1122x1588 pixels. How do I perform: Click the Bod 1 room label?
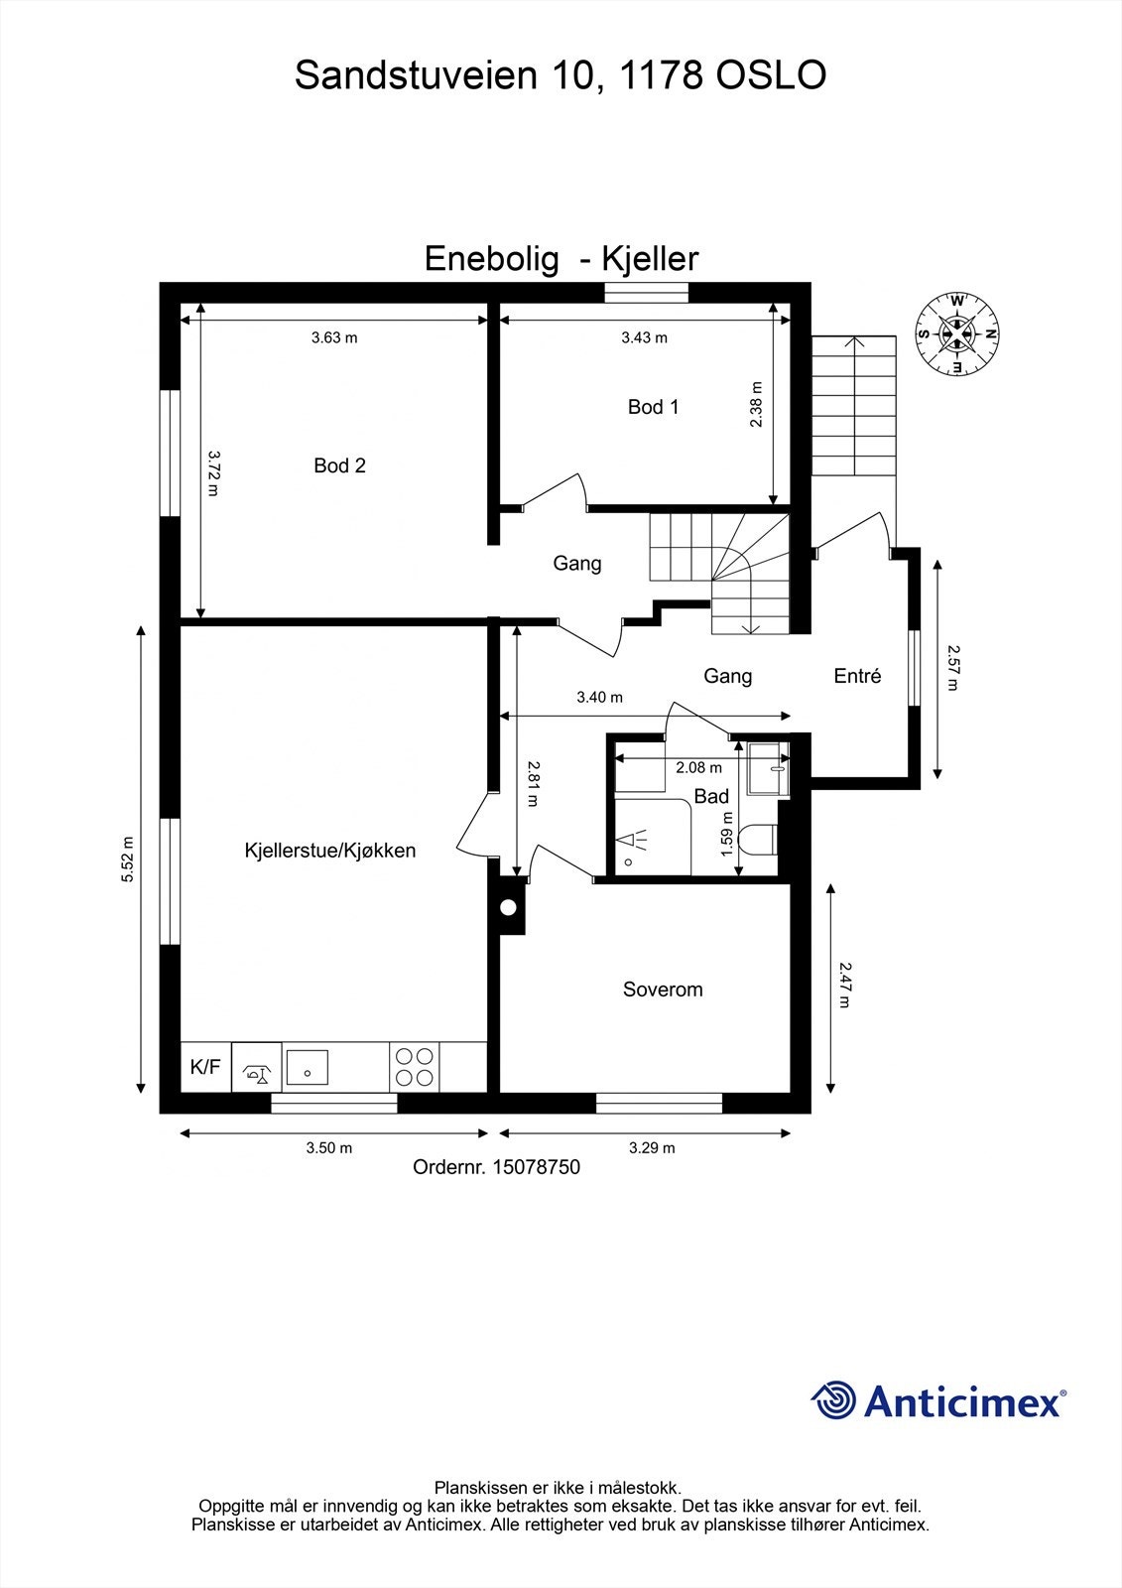[653, 407]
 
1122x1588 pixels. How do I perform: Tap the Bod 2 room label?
[339, 465]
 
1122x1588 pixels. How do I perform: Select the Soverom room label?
[662, 990]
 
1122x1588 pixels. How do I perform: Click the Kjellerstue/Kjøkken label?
[329, 851]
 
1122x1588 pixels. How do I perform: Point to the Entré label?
[857, 676]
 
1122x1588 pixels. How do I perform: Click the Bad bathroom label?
[710, 796]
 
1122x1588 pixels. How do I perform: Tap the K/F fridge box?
[205, 1067]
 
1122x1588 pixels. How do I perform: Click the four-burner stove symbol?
[415, 1067]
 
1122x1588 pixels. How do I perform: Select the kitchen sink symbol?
[308, 1068]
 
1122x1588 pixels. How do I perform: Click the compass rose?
[957, 334]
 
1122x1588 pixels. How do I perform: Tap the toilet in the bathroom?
[761, 840]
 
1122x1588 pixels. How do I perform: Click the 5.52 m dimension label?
[127, 859]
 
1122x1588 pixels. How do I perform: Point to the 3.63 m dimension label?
[333, 337]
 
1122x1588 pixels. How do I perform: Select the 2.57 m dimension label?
[953, 667]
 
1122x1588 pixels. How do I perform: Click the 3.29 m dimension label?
[652, 1148]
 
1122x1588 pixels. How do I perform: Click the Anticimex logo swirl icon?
[833, 1401]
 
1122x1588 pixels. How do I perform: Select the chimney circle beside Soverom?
[509, 907]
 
